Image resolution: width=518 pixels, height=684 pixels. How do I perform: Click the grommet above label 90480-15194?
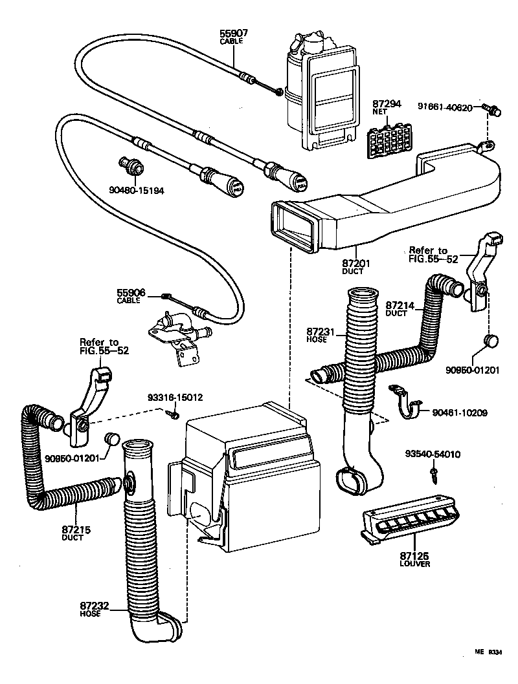tap(133, 166)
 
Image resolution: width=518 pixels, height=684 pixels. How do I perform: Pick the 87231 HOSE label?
tap(322, 334)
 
